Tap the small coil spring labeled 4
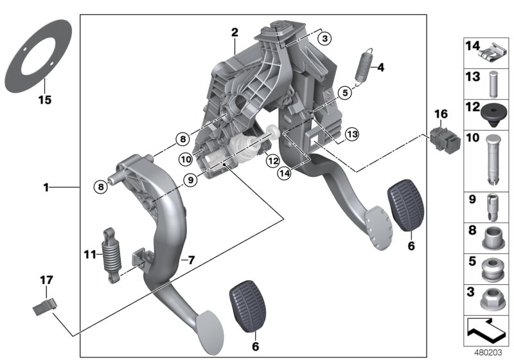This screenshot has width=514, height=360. pyautogui.click(x=364, y=64)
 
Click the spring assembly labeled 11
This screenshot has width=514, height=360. pyautogui.click(x=112, y=256)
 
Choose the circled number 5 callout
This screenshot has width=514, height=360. pyautogui.click(x=344, y=93)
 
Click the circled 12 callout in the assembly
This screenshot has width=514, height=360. pyautogui.click(x=272, y=160)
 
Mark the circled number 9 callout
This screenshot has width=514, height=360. pyautogui.click(x=190, y=182)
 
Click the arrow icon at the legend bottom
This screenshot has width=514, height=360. pyautogui.click(x=486, y=332)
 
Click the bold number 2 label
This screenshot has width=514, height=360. pyautogui.click(x=235, y=32)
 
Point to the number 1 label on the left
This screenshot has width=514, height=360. pyautogui.click(x=46, y=188)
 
